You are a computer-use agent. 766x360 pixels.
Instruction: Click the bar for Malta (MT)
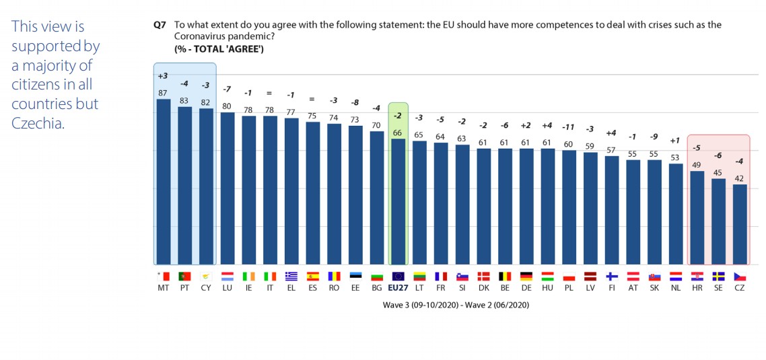(x=164, y=182)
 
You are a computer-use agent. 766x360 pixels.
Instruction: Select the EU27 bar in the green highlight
(x=398, y=202)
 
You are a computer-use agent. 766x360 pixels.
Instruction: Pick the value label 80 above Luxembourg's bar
(x=228, y=106)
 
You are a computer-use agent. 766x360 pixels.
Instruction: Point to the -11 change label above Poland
(x=569, y=126)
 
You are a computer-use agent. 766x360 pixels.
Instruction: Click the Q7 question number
(x=160, y=25)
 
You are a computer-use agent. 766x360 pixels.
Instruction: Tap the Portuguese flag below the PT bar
(x=184, y=276)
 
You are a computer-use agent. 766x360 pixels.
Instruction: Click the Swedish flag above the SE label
(x=718, y=276)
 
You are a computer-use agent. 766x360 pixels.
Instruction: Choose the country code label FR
(x=441, y=287)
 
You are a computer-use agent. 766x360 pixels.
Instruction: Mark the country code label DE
(x=526, y=287)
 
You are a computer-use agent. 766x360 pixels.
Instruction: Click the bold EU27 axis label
(x=398, y=287)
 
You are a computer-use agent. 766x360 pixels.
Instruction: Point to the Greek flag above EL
(x=291, y=276)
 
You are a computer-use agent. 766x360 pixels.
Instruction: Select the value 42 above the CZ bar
(x=740, y=178)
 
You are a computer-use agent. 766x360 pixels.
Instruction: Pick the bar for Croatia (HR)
(x=697, y=218)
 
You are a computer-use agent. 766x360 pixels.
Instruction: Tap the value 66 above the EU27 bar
(x=398, y=133)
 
